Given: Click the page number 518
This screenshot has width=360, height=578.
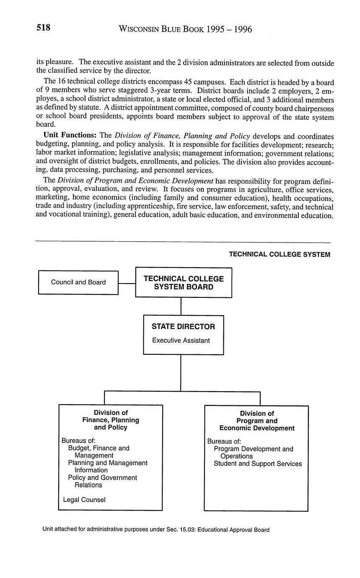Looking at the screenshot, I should [44, 28].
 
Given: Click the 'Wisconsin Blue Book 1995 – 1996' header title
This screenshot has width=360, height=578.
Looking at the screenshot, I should [185, 29].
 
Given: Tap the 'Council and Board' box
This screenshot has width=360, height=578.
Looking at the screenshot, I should [78, 282].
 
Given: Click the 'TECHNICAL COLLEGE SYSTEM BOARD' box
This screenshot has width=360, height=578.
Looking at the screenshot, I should [184, 283].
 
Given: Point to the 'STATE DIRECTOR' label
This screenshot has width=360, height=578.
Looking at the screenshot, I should [183, 327].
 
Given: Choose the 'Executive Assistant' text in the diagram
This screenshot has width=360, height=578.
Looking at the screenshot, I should [181, 341].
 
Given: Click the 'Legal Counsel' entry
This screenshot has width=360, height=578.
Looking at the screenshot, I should [84, 500].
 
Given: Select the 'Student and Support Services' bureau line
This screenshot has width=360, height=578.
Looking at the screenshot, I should [257, 464].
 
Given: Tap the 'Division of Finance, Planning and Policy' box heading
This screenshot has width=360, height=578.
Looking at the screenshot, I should [111, 420].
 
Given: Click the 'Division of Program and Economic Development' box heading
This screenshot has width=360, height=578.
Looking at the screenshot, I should [256, 421].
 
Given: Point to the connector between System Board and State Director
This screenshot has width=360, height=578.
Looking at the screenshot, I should [181, 306].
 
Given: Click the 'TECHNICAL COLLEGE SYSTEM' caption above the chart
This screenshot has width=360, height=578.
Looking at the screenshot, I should [279, 254].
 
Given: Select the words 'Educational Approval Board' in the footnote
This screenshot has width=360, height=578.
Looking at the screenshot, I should [233, 530].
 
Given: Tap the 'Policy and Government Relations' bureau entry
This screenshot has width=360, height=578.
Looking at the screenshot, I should [103, 481].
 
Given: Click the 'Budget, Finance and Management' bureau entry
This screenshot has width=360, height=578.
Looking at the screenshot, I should [99, 452].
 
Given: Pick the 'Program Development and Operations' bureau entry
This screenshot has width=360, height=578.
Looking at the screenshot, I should [253, 452].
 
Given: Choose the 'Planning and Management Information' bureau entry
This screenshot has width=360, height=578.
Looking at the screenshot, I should [108, 467].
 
